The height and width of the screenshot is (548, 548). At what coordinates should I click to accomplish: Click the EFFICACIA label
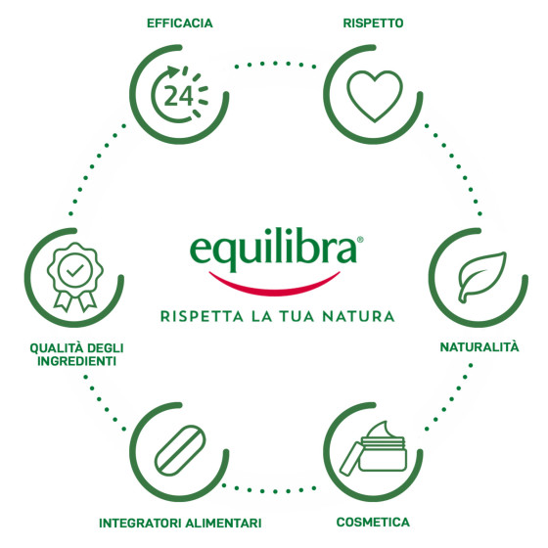tap(180, 23)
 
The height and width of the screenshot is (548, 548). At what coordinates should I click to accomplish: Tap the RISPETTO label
tap(373, 23)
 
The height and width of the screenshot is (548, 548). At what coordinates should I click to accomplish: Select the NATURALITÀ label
tap(479, 346)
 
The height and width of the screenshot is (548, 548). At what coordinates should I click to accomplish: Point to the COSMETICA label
tap(373, 523)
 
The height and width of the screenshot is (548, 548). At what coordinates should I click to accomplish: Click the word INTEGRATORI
tap(141, 524)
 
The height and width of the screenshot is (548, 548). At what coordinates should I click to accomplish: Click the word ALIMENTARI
tap(223, 524)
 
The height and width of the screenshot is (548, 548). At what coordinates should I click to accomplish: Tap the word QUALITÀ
tap(57, 347)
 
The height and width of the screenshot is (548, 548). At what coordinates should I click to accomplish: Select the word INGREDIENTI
tap(77, 361)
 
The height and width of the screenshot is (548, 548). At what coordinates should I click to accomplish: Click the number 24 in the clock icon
tap(178, 96)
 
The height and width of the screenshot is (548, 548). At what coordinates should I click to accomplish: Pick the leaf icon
tap(481, 277)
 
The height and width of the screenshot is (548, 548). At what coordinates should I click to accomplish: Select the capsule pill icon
tap(180, 450)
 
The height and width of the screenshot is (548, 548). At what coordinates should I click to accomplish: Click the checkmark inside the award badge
tap(75, 270)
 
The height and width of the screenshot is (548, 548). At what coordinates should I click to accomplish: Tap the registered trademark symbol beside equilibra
tap(360, 240)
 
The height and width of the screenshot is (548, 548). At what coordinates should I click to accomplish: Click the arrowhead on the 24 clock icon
tap(172, 71)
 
